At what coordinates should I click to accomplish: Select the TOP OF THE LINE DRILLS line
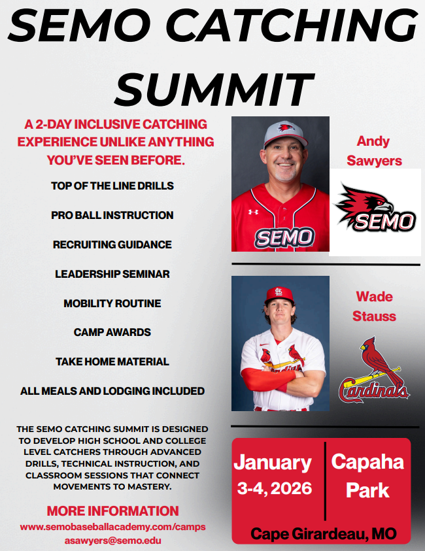click(x=112, y=186)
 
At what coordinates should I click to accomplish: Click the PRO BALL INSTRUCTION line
click(x=112, y=215)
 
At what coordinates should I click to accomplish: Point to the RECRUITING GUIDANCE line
click(x=112, y=244)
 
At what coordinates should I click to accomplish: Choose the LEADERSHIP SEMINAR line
click(x=112, y=274)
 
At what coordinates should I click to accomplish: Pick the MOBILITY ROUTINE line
click(x=112, y=303)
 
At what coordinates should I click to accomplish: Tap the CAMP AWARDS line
click(x=112, y=332)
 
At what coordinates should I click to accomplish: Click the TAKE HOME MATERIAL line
click(x=112, y=361)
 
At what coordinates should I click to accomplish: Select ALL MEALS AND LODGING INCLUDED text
click(x=112, y=391)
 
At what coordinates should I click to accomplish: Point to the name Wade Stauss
click(x=374, y=307)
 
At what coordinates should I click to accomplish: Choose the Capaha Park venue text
click(x=367, y=475)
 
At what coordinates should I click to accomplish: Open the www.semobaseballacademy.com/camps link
click(x=112, y=527)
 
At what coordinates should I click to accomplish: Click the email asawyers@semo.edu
click(x=112, y=541)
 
